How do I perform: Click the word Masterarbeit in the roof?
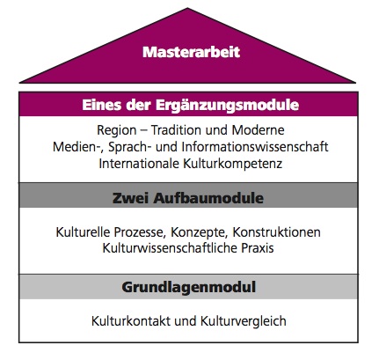pos(191,52)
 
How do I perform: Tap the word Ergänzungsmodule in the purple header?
pos(227,106)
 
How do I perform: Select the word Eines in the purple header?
pos(102,105)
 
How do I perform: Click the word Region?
pos(117,130)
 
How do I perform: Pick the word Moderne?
pos(258,129)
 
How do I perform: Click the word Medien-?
pos(79,147)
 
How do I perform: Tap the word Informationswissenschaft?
pos(255,146)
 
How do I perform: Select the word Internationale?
pos(139,164)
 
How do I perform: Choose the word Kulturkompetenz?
pos(233,164)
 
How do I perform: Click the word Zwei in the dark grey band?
pos(131,198)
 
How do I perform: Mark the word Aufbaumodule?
pos(208,198)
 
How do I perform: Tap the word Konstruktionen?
pos(276,232)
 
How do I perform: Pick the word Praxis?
pos(258,248)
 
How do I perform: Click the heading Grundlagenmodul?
pos(189,287)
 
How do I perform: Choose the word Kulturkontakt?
pos(131,320)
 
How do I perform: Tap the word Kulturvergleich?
pos(244,321)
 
